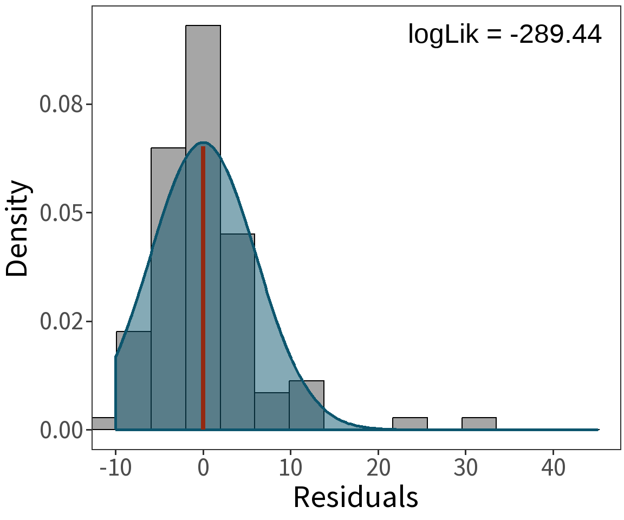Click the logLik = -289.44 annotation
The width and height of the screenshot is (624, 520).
[504, 35]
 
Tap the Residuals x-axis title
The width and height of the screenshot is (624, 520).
[355, 497]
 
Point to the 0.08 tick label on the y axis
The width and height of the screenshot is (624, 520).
[61, 104]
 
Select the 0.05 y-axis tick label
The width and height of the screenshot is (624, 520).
[61, 212]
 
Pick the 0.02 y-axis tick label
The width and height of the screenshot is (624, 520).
[61, 321]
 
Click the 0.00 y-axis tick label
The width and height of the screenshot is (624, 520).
[61, 430]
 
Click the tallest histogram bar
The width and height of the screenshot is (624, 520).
[203, 81]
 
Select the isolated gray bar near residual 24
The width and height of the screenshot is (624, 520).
[410, 424]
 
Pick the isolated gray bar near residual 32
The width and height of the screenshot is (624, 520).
[479, 424]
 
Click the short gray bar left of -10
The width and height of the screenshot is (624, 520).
[103, 424]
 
